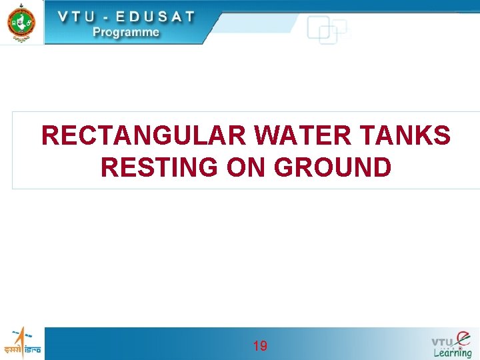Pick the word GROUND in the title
pyautogui.click(x=333, y=167)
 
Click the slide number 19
pyautogui.click(x=260, y=346)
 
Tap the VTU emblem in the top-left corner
pyautogui.click(x=21, y=21)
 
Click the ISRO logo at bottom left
pyautogui.click(x=22, y=343)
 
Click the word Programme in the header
pyautogui.click(x=126, y=31)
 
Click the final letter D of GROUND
pyautogui.click(x=382, y=167)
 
